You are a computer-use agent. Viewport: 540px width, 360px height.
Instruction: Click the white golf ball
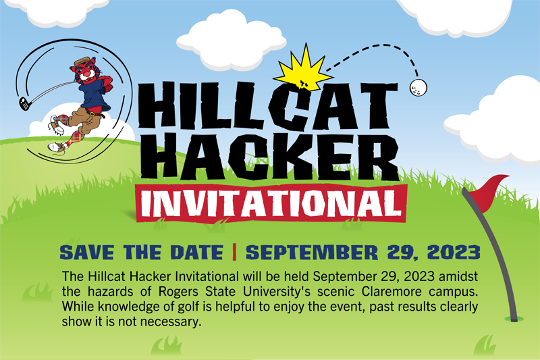point(418,88)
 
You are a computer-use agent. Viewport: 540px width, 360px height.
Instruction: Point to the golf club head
point(24,104)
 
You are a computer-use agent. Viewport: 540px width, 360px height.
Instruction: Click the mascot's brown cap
point(82,61)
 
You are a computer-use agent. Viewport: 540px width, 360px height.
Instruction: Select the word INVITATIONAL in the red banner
point(272,203)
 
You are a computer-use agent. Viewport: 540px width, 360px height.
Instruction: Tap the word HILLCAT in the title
point(268,105)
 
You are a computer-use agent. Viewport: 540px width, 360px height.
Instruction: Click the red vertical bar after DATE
point(234,252)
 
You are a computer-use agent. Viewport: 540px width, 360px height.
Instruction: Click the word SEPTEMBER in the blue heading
point(312,252)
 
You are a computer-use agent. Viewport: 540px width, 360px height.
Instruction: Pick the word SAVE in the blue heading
point(87,252)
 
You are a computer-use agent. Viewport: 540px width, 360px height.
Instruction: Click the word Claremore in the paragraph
point(391,292)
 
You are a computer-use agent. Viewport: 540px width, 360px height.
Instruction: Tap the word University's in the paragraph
point(277,292)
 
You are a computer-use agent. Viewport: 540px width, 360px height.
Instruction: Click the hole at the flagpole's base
point(514,319)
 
